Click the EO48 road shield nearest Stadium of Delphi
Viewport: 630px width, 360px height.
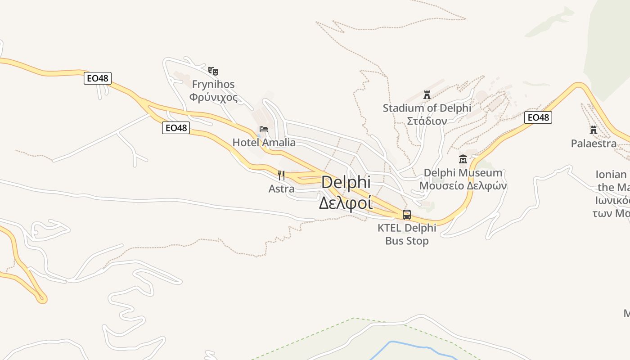point(538,117)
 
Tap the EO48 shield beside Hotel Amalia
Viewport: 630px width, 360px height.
point(175,128)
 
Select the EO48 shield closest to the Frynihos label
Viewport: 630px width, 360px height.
point(97,78)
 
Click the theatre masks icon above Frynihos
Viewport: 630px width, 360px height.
point(213,71)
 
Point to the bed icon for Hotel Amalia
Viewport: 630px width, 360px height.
point(264,129)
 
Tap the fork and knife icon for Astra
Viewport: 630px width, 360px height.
point(281,175)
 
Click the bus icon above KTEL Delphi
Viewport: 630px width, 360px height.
point(407,215)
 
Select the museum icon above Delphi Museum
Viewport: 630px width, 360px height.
point(463,159)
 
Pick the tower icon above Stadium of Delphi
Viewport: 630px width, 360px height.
point(427,95)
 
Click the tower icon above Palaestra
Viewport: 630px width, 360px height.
point(594,130)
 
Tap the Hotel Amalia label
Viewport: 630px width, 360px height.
point(264,143)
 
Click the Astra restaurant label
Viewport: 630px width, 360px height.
point(281,189)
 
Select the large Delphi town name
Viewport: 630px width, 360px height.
point(346,182)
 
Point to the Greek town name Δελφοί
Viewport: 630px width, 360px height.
point(346,203)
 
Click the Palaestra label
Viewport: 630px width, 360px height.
point(594,144)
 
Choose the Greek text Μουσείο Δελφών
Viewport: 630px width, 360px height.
point(463,185)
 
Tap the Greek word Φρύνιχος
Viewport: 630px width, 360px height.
point(213,97)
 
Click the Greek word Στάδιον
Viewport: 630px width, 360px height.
point(427,121)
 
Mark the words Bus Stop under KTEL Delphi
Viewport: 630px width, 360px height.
point(407,241)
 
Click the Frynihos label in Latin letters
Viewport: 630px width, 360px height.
point(213,84)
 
